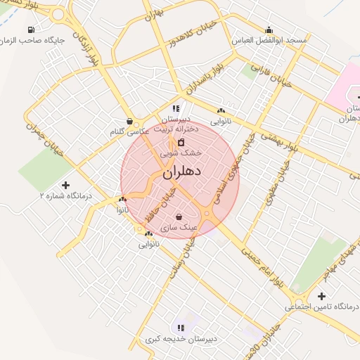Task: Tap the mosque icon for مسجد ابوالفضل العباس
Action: (x=269, y=30)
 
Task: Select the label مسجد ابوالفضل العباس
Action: (x=270, y=40)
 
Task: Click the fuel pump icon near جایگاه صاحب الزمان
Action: (x=30, y=30)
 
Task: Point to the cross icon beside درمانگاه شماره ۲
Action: (x=66, y=185)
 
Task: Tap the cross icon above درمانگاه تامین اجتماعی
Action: (x=321, y=296)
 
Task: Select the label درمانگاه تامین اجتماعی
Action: (x=321, y=307)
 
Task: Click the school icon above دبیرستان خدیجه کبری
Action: (x=181, y=328)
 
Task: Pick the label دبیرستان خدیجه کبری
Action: (x=181, y=338)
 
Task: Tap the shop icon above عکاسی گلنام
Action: (x=129, y=121)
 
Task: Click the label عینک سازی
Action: (x=179, y=228)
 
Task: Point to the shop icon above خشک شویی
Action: (x=181, y=142)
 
